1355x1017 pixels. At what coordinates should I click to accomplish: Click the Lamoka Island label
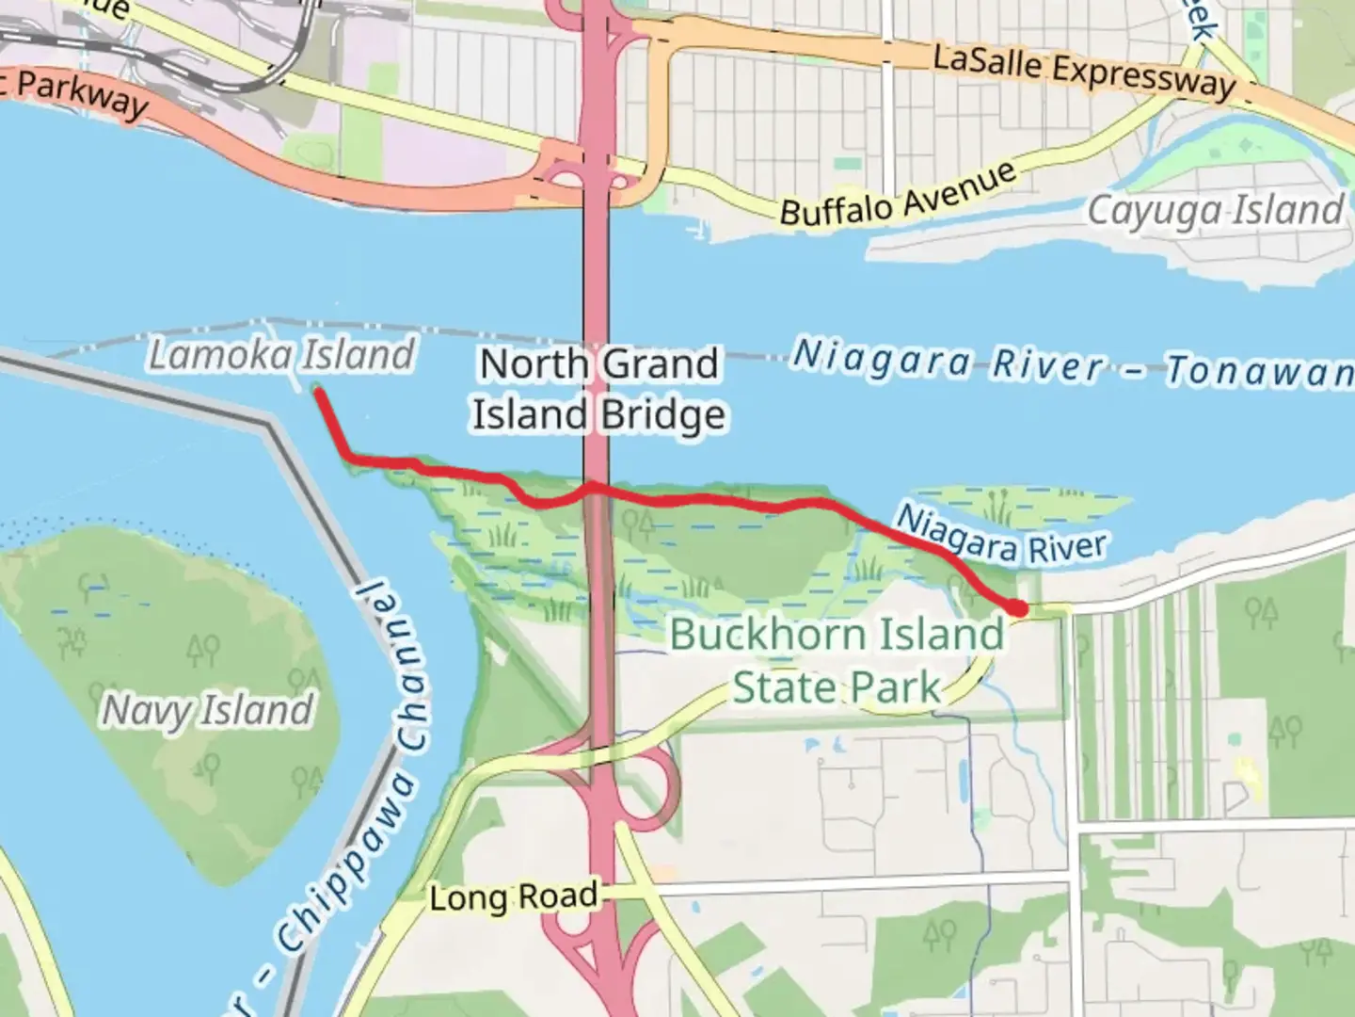coord(281,356)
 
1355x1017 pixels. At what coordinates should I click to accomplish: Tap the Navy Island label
coord(207,710)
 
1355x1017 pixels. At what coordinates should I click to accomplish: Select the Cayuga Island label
coord(1216,211)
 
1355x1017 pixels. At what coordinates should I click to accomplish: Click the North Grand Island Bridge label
coord(598,389)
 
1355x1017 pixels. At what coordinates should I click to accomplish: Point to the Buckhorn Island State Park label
coord(836,661)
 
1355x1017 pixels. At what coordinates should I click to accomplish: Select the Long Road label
coord(513,896)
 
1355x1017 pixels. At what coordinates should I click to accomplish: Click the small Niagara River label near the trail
coord(1001,534)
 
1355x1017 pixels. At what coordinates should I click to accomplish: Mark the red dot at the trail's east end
coord(1018,608)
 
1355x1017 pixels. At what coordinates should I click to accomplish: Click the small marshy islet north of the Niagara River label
coord(1021,505)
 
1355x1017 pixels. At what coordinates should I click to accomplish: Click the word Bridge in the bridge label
coord(663,414)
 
